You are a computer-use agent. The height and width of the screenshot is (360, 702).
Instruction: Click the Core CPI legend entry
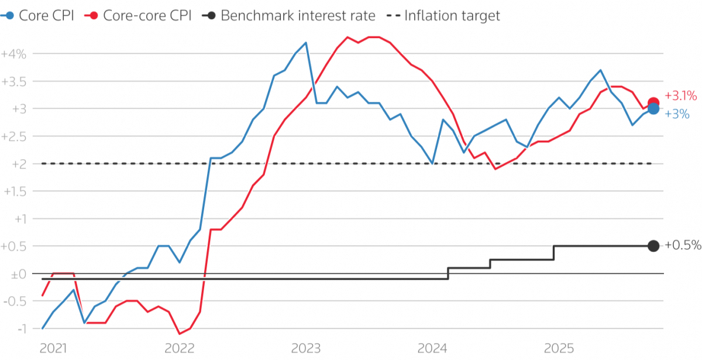(37, 15)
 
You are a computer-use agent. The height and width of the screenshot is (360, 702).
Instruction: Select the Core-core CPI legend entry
(138, 15)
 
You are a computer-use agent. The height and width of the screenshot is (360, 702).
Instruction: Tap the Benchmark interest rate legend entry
(288, 15)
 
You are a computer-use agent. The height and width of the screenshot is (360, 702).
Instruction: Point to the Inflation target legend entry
(443, 15)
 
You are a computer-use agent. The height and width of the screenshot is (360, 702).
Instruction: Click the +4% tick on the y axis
(14, 54)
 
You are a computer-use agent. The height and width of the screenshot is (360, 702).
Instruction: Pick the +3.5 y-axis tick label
(14, 81)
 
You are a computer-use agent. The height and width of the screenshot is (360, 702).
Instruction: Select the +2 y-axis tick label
(19, 164)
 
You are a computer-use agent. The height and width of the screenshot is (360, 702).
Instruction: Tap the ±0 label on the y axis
(19, 275)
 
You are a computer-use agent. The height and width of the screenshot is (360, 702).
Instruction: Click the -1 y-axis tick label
(22, 328)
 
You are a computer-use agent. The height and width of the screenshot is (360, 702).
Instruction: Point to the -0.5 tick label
(15, 301)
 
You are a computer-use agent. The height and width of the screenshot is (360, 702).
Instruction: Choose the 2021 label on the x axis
(53, 348)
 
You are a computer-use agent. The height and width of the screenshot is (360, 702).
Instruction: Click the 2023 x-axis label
(306, 348)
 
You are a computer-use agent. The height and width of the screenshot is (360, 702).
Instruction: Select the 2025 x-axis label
(559, 348)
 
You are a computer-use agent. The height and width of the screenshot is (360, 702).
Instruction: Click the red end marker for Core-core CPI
(653, 102)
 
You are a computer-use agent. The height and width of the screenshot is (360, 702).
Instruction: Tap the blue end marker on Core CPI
(653, 109)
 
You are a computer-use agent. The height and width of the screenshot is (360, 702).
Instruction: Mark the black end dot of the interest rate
(653, 246)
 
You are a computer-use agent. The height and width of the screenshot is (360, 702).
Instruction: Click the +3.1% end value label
(680, 95)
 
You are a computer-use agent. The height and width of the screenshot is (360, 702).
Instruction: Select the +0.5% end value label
(683, 245)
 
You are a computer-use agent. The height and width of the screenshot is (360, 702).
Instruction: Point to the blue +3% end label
(677, 114)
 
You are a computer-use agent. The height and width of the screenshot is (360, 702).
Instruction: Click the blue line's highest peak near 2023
(306, 43)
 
